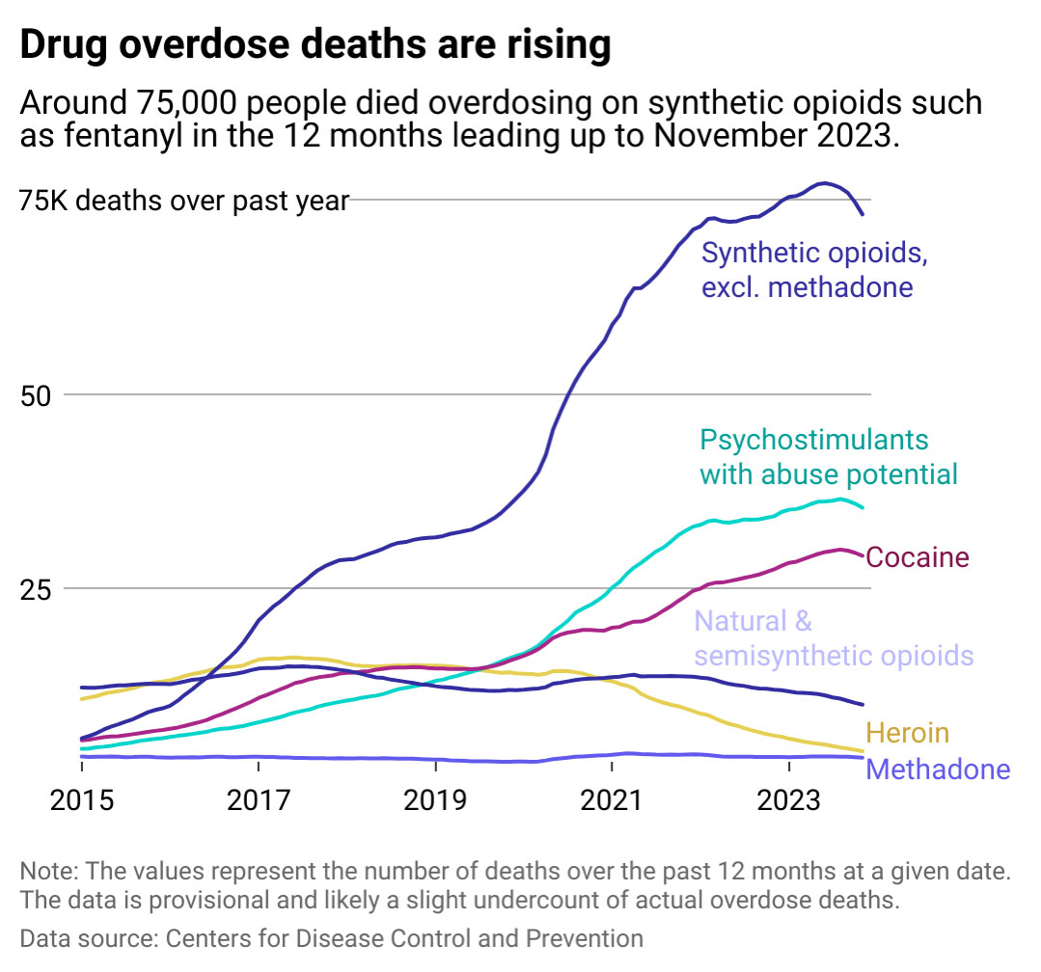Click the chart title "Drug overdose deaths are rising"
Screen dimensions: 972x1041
coord(315,45)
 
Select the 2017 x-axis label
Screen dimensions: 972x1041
coord(259,800)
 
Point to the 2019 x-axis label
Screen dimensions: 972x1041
coord(435,800)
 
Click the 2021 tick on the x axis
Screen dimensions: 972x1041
coord(612,800)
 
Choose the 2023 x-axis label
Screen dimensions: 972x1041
coord(788,800)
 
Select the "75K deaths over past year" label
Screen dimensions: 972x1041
coord(183,201)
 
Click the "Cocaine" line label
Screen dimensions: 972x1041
coord(918,557)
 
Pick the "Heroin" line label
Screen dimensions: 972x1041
coord(908,733)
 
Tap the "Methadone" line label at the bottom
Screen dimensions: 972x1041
coord(939,769)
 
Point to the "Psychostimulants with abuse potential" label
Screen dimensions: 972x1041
coord(828,457)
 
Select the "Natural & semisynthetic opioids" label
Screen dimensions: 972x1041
coord(834,638)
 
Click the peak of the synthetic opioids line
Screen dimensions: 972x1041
coord(823,182)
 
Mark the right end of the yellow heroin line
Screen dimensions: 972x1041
coord(862,751)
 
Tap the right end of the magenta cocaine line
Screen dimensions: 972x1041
coord(862,554)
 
